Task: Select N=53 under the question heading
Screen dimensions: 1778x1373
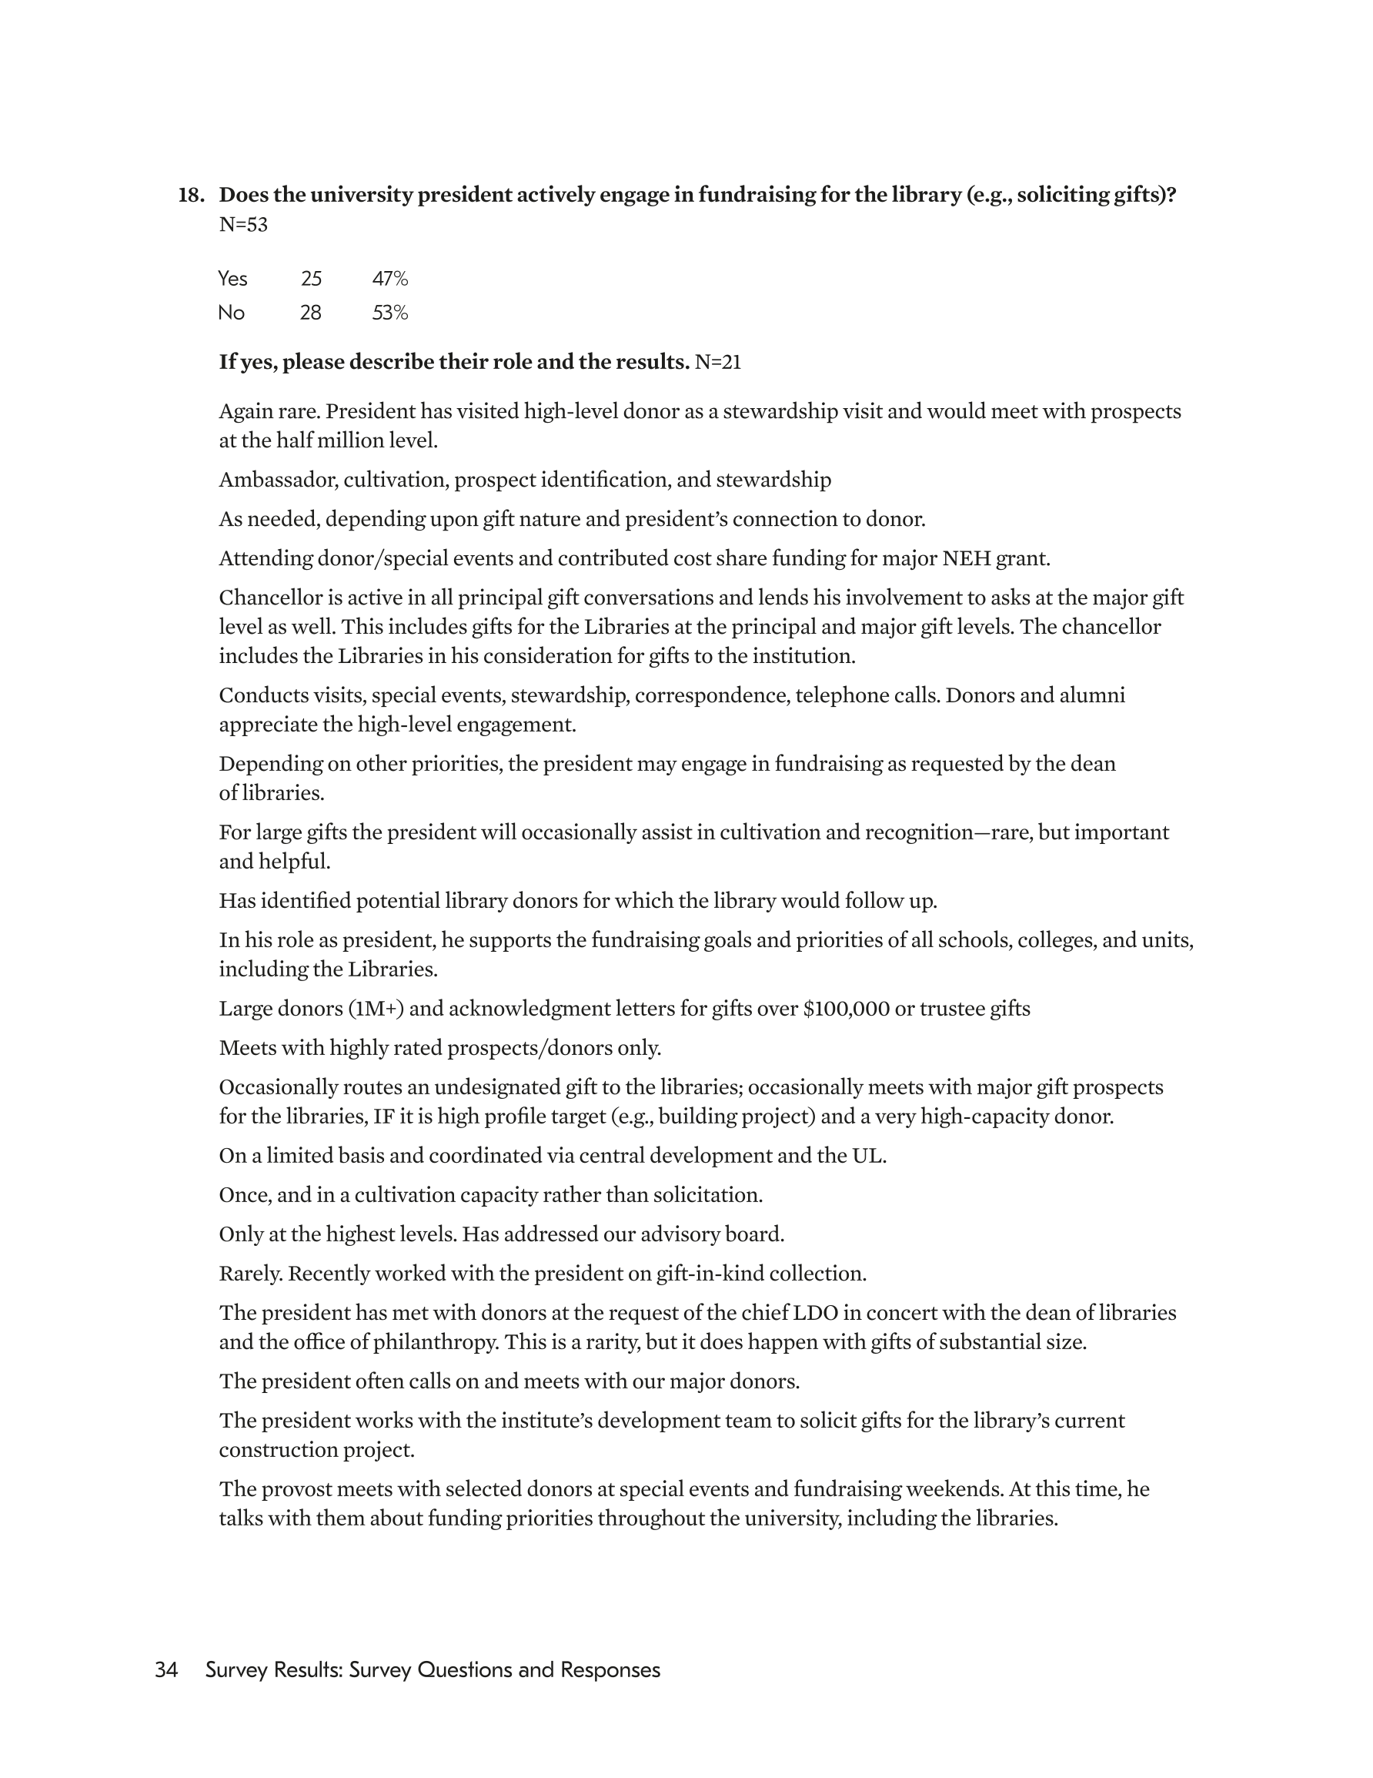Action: [242, 225]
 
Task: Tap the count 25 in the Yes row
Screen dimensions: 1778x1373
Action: [311, 280]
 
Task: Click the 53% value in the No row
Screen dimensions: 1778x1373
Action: [390, 313]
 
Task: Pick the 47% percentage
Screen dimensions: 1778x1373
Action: [390, 280]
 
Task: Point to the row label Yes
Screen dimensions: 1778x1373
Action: [232, 280]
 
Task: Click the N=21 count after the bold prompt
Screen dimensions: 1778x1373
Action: [718, 362]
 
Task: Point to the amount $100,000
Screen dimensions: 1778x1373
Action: [846, 1010]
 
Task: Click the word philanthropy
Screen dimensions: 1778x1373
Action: [435, 1342]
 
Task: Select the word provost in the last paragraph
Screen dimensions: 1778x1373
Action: [293, 1490]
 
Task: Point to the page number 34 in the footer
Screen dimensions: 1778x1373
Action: [166, 1670]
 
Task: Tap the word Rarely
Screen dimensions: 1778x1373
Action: [251, 1274]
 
